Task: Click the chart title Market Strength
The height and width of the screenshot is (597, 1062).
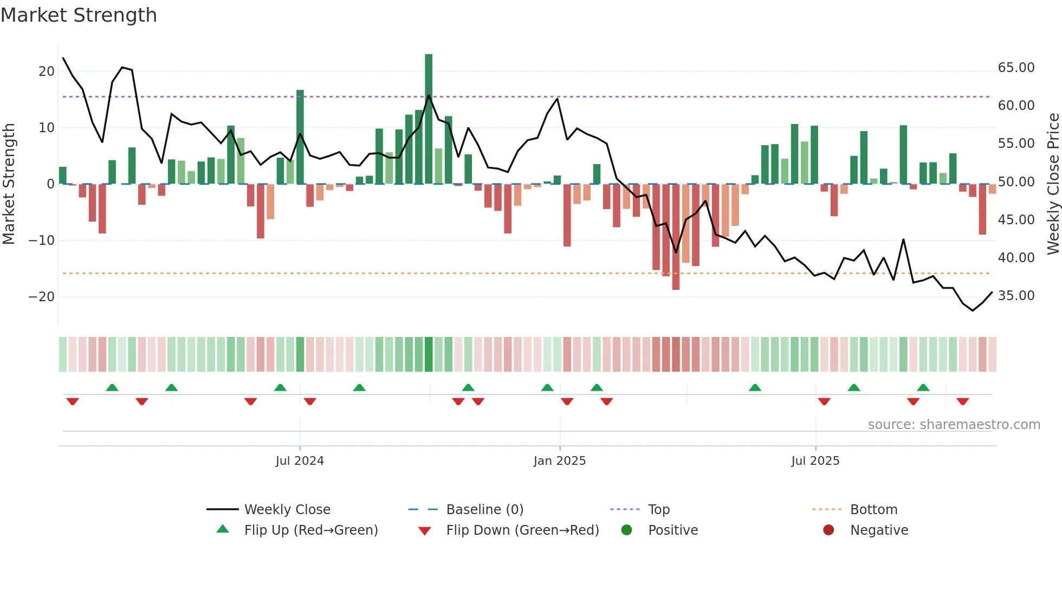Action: pyautogui.click(x=79, y=15)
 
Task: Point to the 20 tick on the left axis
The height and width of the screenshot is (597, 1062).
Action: pyautogui.click(x=47, y=72)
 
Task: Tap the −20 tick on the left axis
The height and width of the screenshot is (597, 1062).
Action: pyautogui.click(x=42, y=297)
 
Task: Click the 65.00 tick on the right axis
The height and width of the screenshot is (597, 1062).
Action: pyautogui.click(x=1016, y=68)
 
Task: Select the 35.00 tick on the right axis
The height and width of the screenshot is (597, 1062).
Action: pyautogui.click(x=1016, y=296)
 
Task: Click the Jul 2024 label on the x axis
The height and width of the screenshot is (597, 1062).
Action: pyautogui.click(x=300, y=461)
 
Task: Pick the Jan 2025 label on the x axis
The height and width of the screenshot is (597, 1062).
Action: pyautogui.click(x=560, y=461)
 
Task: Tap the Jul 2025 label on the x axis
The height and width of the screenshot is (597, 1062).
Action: pyautogui.click(x=815, y=461)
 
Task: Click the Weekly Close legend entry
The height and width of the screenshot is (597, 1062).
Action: pyautogui.click(x=287, y=510)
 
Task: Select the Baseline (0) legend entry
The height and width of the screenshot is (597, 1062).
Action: pyautogui.click(x=484, y=510)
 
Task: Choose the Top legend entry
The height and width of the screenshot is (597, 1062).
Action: pyautogui.click(x=659, y=510)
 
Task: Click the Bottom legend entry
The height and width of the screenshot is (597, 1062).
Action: pyautogui.click(x=873, y=510)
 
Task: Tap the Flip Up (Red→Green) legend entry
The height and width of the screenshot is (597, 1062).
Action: pyautogui.click(x=310, y=530)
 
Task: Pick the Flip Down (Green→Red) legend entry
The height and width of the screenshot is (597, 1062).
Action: pyautogui.click(x=522, y=530)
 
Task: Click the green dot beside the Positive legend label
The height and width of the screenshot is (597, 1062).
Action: pyautogui.click(x=627, y=530)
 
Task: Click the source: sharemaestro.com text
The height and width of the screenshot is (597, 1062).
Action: pyautogui.click(x=954, y=425)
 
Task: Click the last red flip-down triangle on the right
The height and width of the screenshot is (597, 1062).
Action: pyautogui.click(x=963, y=401)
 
